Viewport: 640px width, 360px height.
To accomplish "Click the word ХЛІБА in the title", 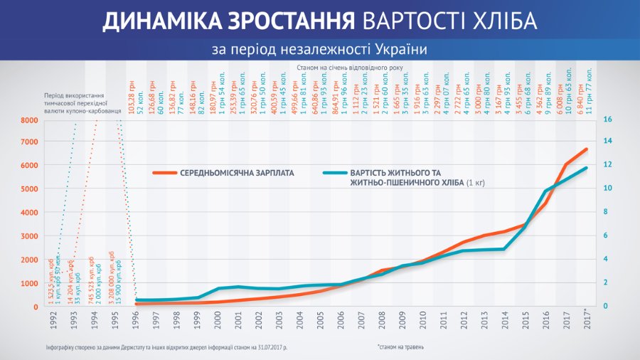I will (498, 21).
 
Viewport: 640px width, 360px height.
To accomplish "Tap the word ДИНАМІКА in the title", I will (156, 21).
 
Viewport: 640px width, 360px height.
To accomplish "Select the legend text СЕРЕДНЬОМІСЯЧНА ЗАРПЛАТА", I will (235, 173).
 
